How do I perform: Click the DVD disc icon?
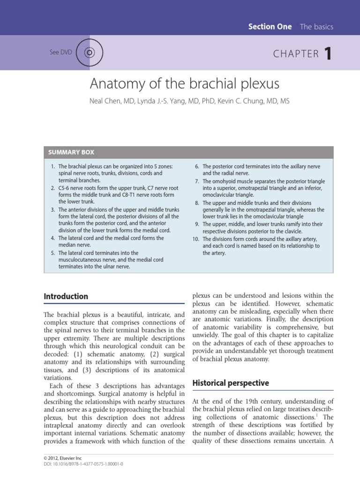click(x=87, y=52)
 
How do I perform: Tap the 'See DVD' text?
click(x=60, y=52)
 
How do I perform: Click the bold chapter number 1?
click(x=328, y=54)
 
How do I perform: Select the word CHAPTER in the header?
click(x=296, y=54)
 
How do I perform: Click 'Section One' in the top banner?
click(x=270, y=27)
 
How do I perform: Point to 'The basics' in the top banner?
click(x=316, y=27)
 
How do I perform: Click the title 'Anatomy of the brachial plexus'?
click(x=184, y=84)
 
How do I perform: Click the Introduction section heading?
click(x=66, y=296)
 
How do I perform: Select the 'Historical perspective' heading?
click(x=231, y=383)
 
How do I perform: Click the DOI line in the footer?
click(x=83, y=465)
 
